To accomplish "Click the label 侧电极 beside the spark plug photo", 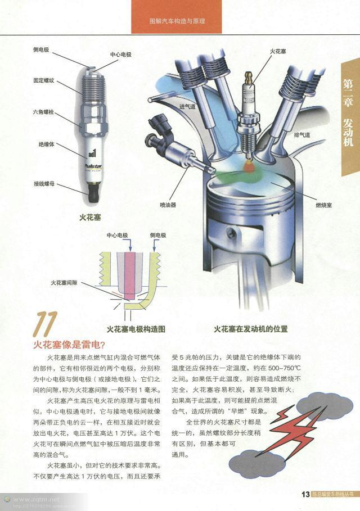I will [41, 50].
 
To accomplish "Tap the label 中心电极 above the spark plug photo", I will [120, 55].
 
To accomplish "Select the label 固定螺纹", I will [43, 81].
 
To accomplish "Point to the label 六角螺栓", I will [43, 112].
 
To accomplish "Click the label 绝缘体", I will [46, 144].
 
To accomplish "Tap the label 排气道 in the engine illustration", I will [302, 135].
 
